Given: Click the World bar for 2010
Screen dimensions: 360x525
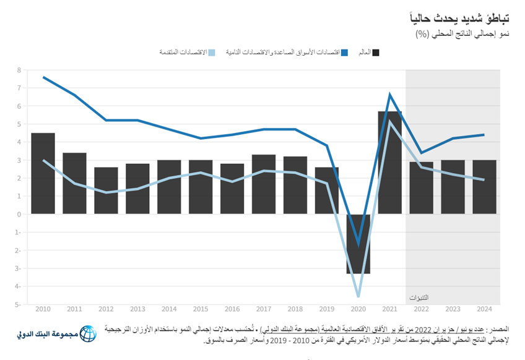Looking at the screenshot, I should [43, 173].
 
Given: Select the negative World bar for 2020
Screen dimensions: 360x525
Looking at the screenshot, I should [358, 244].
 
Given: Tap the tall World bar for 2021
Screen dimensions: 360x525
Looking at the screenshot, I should [390, 163].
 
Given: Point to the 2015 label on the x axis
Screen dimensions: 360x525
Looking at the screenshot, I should [201, 308].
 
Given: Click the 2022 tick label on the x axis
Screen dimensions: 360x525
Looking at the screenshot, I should [422, 308].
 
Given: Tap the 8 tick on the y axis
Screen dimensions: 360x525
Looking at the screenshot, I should [19, 70].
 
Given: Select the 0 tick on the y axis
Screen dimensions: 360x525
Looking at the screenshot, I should [19, 214].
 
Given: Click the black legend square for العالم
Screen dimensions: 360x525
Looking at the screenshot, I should [376, 53].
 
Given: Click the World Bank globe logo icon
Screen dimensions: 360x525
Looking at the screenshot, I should [89, 335].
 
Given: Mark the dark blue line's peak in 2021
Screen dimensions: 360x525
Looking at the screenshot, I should [390, 95].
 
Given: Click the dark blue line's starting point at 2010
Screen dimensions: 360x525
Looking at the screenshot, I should [43, 77].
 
